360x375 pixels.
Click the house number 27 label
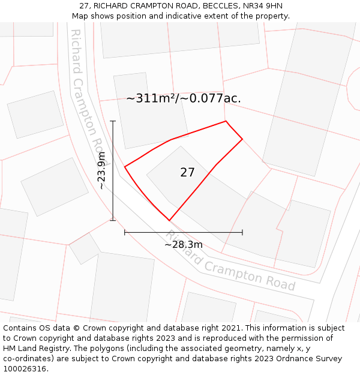coord(187,173)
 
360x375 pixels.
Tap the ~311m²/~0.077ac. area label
coord(184,98)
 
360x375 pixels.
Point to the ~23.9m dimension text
coord(102,171)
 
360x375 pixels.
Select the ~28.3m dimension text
coord(184,244)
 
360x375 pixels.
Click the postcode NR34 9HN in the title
coord(262,6)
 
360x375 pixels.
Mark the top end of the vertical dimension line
coord(113,121)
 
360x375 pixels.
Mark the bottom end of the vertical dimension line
coord(113,220)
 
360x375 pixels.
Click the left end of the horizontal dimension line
coord(125,232)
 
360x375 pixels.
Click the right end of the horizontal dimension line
coord(242,232)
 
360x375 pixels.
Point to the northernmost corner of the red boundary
coord(226,121)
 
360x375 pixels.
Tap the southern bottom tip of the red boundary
coord(170,220)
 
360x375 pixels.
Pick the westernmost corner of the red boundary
coord(125,167)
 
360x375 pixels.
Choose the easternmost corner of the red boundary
coord(242,139)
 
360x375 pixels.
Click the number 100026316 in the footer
coord(24,369)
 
